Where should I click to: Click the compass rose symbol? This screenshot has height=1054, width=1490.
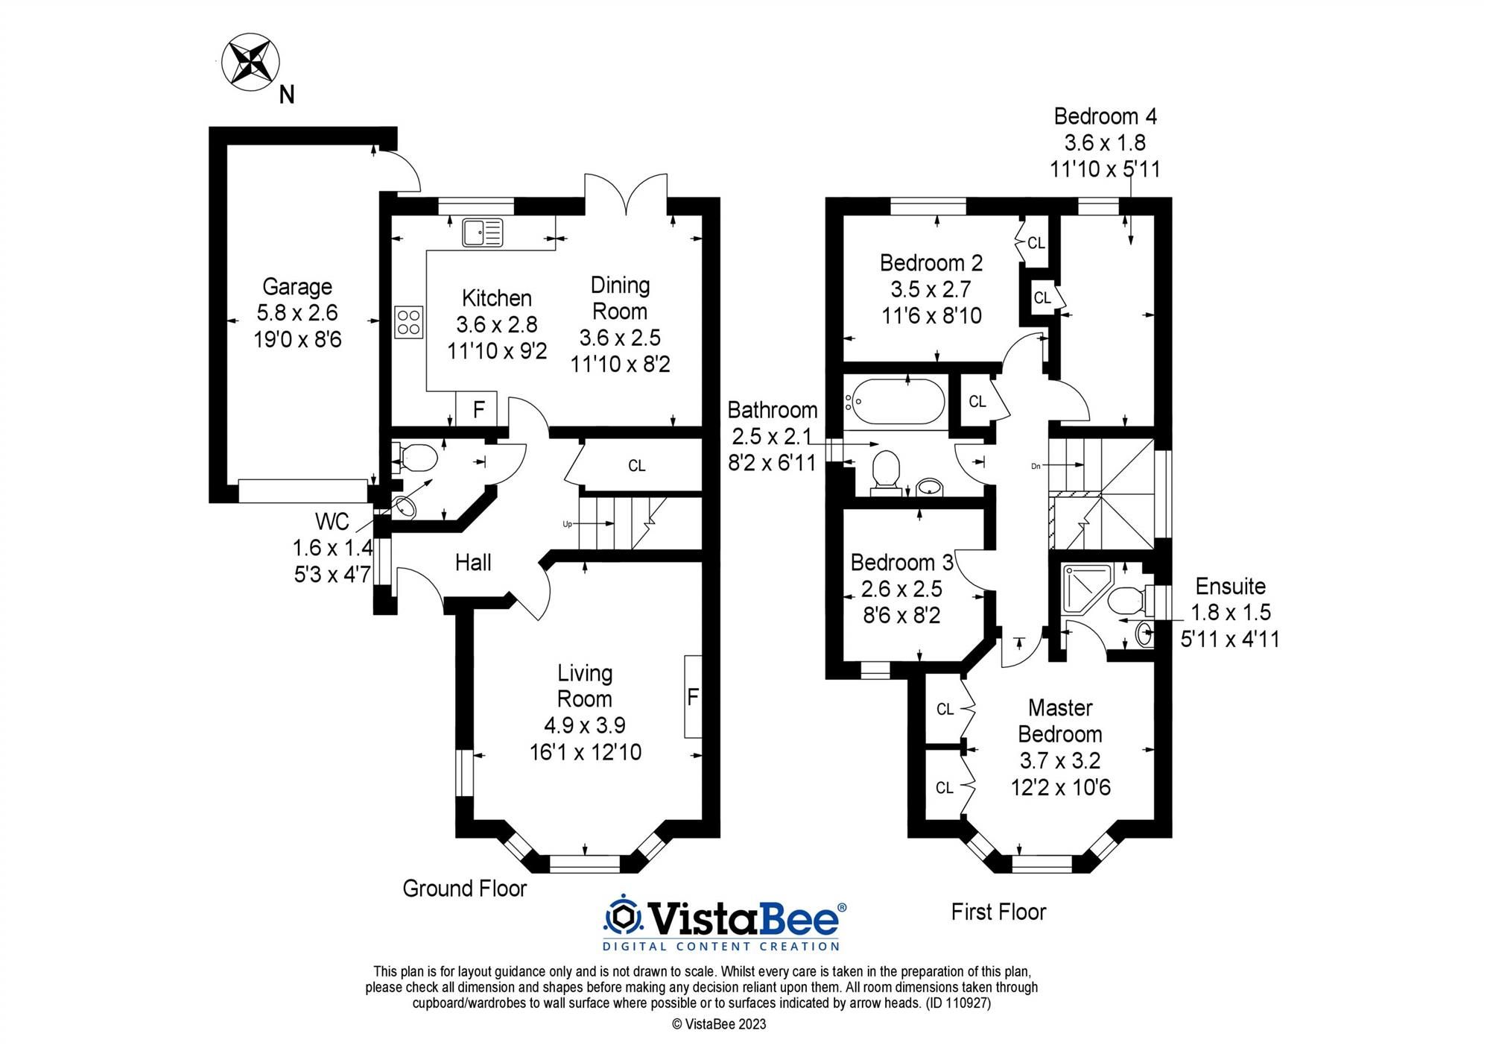[x=251, y=62]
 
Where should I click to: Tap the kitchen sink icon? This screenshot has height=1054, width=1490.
[x=483, y=232]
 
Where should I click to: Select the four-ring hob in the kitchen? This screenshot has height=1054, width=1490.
[x=409, y=323]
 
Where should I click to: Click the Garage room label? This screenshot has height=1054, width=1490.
[x=297, y=287]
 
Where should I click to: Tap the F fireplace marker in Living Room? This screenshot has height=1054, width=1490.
[x=693, y=697]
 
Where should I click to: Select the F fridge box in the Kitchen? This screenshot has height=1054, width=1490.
[x=479, y=408]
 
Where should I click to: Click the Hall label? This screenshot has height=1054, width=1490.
[x=473, y=563]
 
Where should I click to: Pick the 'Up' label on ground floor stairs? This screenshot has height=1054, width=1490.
[x=567, y=524]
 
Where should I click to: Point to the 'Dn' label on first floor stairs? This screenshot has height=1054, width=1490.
[x=1036, y=466]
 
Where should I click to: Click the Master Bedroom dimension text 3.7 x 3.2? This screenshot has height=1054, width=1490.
[x=1060, y=761]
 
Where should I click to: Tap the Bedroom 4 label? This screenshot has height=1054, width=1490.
[x=1105, y=117]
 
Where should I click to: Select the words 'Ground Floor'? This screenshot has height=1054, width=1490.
[x=464, y=889]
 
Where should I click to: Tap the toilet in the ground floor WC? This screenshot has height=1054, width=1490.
[x=417, y=457]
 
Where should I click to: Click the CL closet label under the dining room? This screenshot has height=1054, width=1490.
[x=636, y=466]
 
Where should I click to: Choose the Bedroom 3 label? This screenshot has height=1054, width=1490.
[x=901, y=563]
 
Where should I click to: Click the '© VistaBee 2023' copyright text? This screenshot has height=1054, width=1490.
[x=719, y=1024]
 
